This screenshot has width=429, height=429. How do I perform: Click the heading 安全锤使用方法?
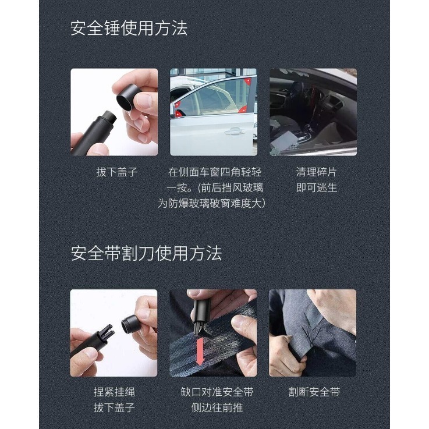click(x=129, y=28)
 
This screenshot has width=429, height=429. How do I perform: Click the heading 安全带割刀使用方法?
click(x=146, y=253)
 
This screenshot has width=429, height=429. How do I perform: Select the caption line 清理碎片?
click(x=316, y=172)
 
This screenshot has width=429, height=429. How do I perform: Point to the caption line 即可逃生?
click(x=316, y=187)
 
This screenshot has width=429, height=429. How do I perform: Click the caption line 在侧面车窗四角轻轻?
click(x=215, y=172)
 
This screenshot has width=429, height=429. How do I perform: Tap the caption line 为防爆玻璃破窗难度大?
click(x=212, y=203)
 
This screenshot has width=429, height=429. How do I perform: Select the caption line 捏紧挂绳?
click(x=114, y=392)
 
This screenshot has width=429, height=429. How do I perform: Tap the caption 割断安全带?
click(x=314, y=392)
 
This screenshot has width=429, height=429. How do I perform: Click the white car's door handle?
click(x=234, y=132)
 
